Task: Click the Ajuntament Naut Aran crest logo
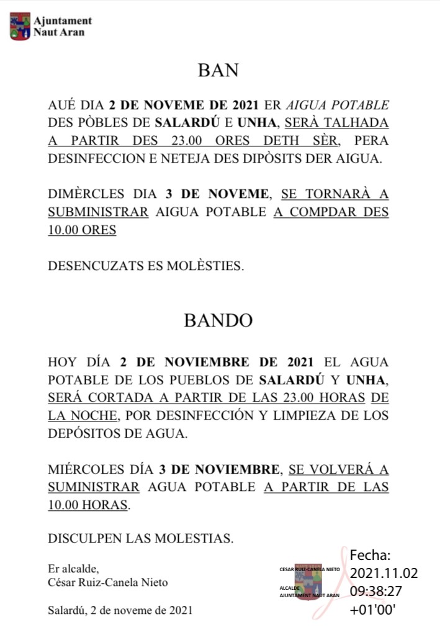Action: (x=19, y=27)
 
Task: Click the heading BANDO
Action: (x=218, y=321)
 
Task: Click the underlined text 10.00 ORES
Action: (x=82, y=230)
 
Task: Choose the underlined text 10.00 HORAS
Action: (x=88, y=505)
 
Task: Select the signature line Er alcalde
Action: (x=73, y=569)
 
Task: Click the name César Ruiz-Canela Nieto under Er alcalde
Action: (x=107, y=582)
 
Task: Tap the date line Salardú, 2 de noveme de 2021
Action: (x=120, y=610)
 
